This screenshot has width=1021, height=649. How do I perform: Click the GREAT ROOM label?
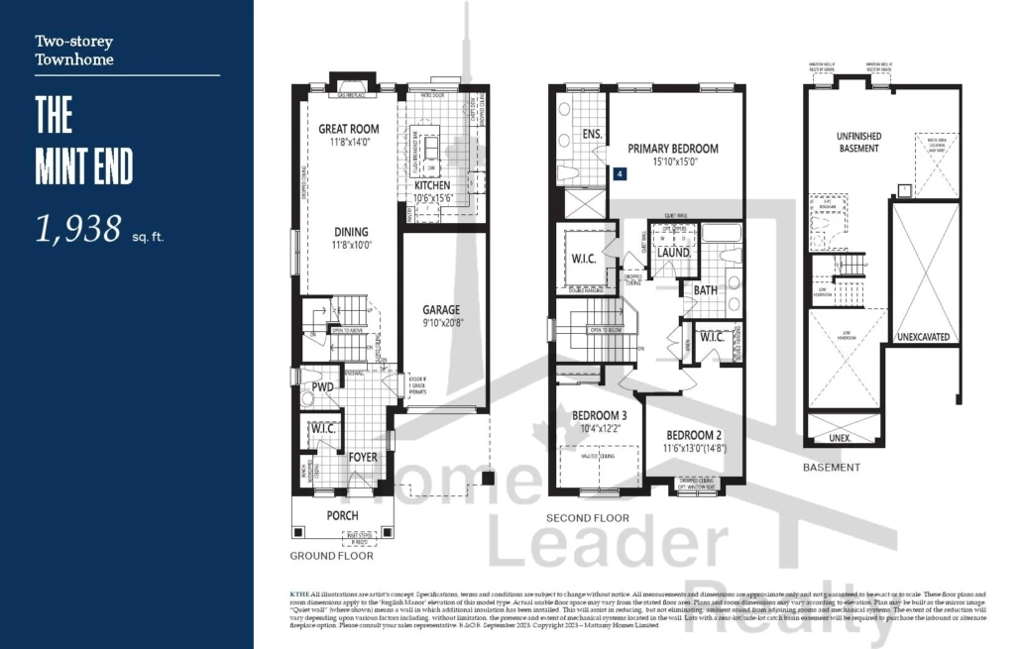click(x=348, y=129)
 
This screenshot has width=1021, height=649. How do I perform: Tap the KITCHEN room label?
click(x=432, y=185)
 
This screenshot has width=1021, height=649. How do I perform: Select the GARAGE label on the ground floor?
click(x=441, y=309)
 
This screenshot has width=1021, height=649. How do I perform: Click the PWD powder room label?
click(x=322, y=386)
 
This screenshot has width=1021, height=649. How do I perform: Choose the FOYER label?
click(x=362, y=457)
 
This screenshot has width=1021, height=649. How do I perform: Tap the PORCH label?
click(x=343, y=516)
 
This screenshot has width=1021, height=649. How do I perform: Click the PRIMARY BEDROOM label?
click(x=673, y=149)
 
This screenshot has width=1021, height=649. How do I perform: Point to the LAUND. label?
click(x=673, y=254)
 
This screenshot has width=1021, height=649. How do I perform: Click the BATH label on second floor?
click(x=705, y=290)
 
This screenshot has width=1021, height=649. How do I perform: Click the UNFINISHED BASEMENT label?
click(x=858, y=142)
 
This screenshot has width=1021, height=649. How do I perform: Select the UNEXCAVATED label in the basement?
click(x=924, y=337)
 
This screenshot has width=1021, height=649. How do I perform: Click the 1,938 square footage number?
click(x=78, y=229)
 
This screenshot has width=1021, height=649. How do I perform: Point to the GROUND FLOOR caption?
click(x=331, y=556)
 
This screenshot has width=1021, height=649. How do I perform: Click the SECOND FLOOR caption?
click(x=588, y=518)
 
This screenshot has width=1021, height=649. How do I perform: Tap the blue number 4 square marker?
click(x=621, y=173)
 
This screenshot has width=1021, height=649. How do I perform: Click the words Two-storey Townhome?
click(x=74, y=51)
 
